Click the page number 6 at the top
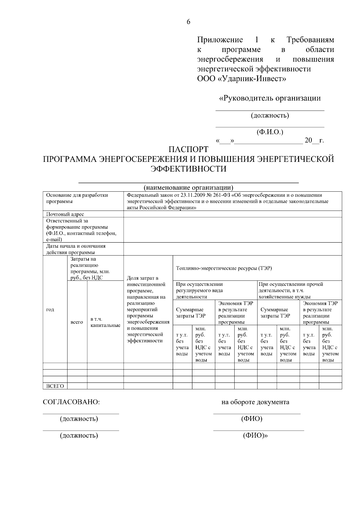click(x=188, y=22)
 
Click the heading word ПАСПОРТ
click(x=188, y=149)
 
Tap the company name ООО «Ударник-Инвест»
click(x=241, y=79)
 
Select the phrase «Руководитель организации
click(x=270, y=98)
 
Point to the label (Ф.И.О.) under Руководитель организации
click(x=270, y=132)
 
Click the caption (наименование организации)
click(x=188, y=188)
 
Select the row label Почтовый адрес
click(x=65, y=214)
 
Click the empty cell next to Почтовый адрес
click(x=232, y=214)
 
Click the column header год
click(x=50, y=310)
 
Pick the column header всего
click(x=76, y=322)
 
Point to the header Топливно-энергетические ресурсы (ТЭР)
click(x=224, y=268)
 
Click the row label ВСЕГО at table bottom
click(x=55, y=386)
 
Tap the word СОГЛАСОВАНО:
click(x=71, y=402)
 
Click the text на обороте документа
click(x=255, y=402)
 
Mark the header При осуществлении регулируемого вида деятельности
click(x=199, y=290)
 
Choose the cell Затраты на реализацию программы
click(x=90, y=268)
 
